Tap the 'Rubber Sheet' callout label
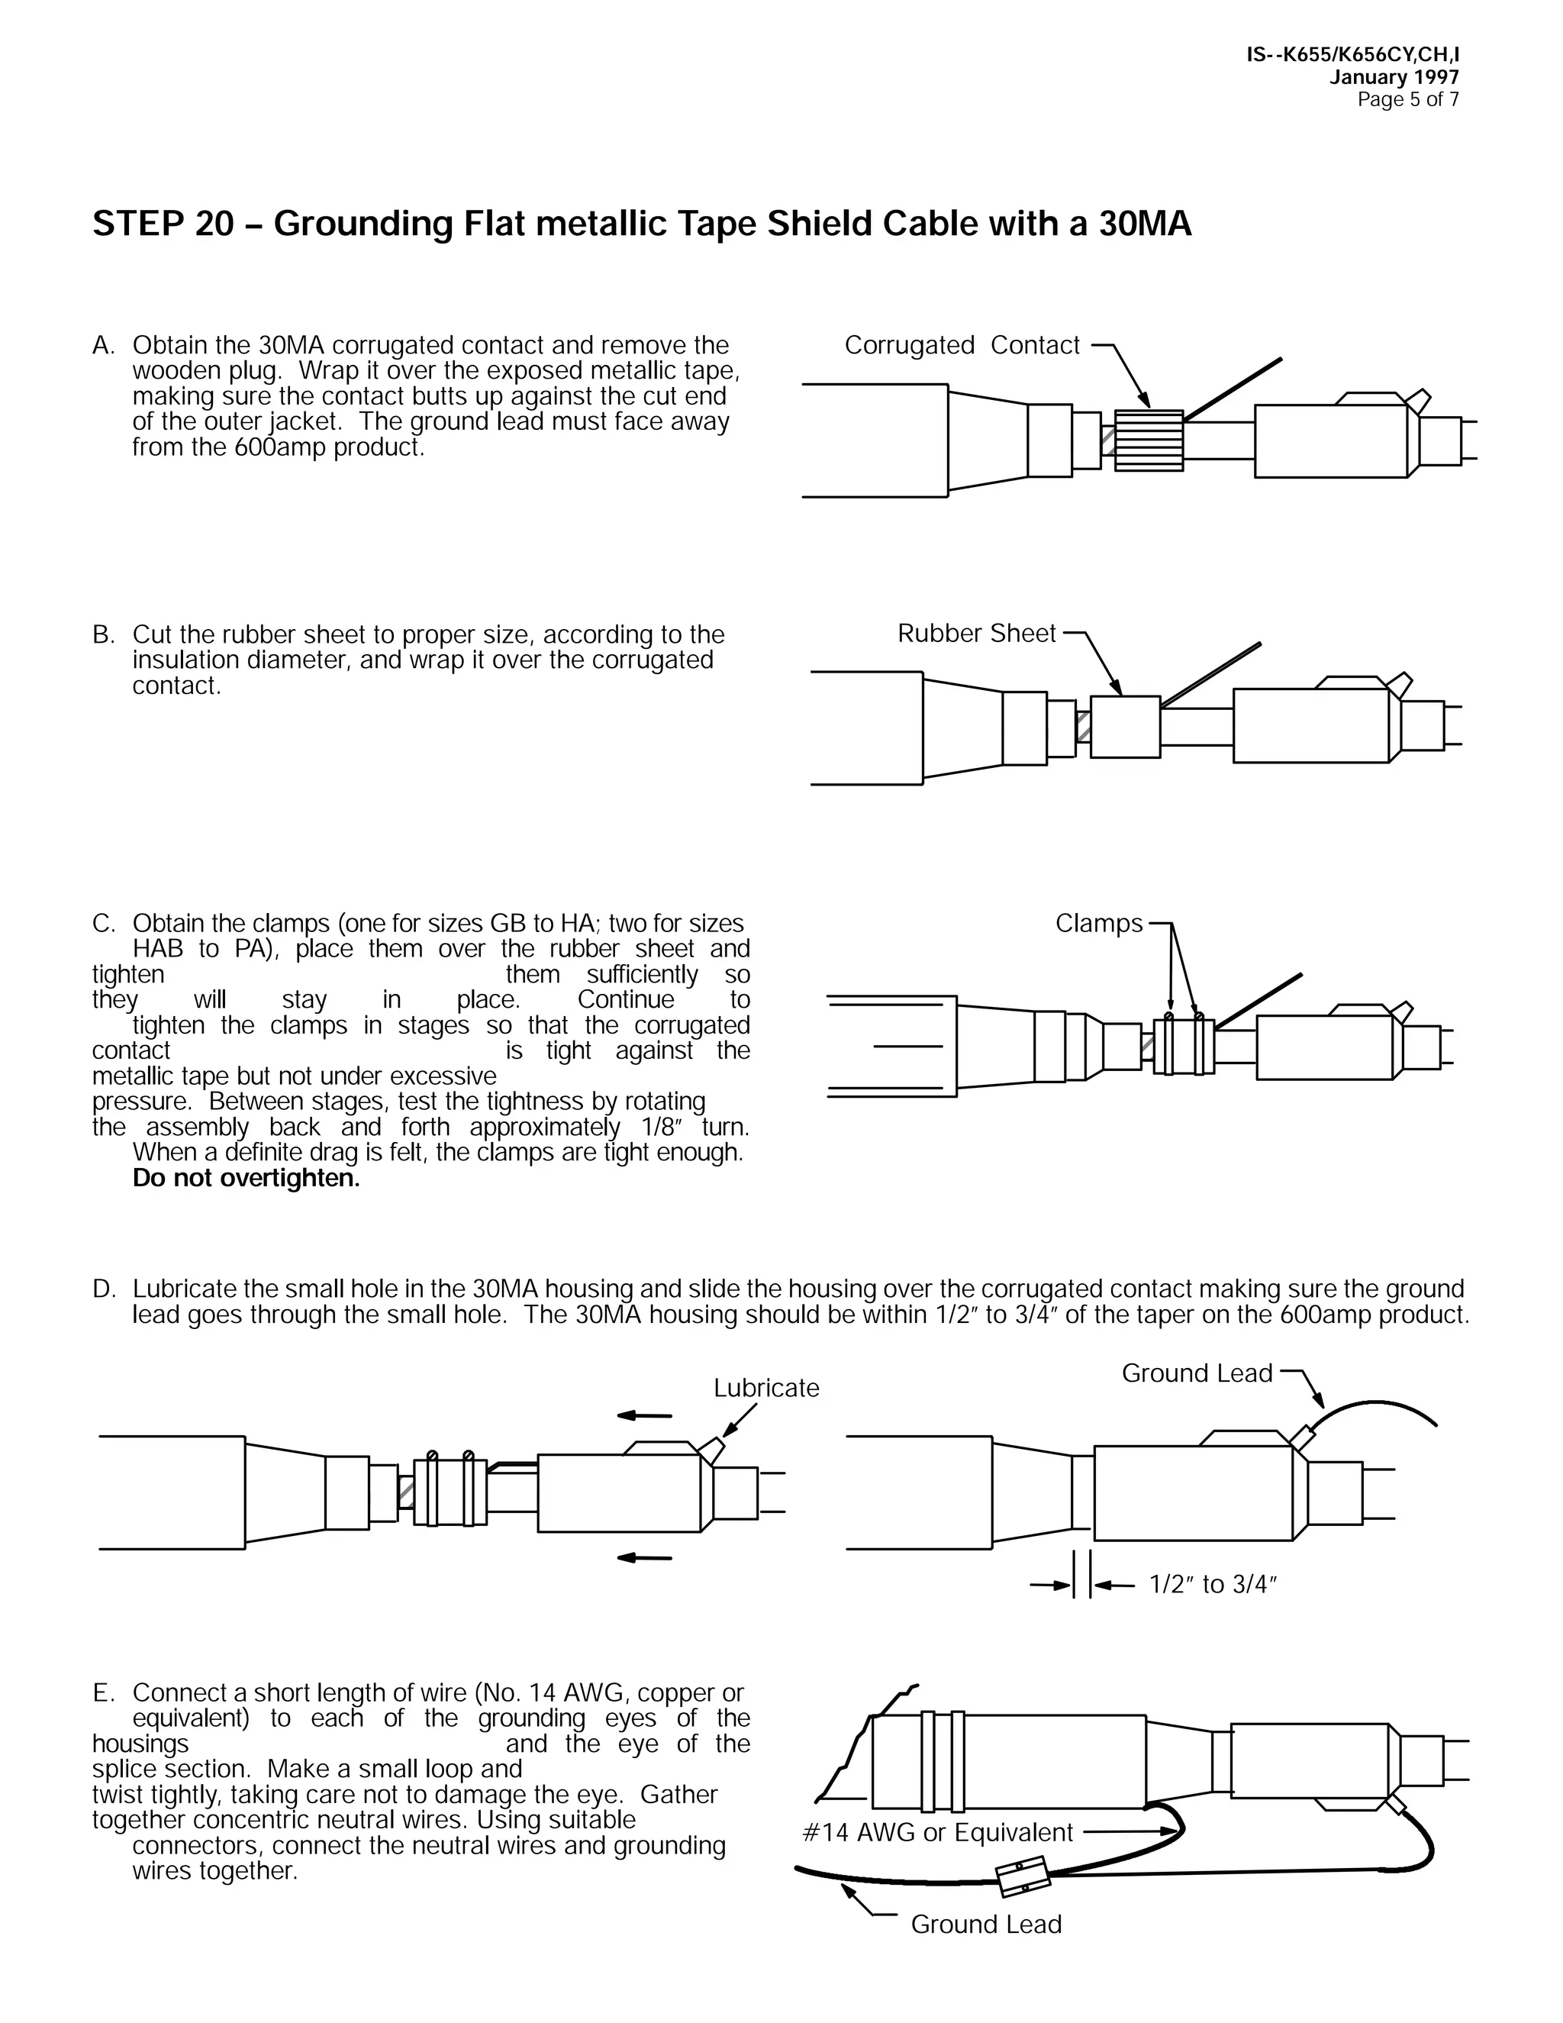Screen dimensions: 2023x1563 pyautogui.click(x=976, y=634)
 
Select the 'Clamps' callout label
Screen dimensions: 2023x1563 pyautogui.click(x=1099, y=924)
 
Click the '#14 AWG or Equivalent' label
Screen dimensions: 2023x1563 pyautogui.click(x=937, y=1832)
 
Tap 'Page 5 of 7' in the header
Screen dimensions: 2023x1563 pyautogui.click(x=1407, y=100)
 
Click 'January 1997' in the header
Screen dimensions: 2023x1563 pyautogui.click(x=1394, y=78)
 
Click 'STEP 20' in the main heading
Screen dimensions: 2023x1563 pyautogui.click(x=163, y=224)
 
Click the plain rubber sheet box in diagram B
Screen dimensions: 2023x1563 pyautogui.click(x=1125, y=727)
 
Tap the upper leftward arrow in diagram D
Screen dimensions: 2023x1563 pyautogui.click(x=644, y=1415)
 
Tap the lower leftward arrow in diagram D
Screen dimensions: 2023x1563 pyautogui.click(x=644, y=1558)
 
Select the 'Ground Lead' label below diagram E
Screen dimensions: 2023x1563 pyautogui.click(x=985, y=1925)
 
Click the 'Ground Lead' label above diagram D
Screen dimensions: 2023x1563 pyautogui.click(x=1197, y=1373)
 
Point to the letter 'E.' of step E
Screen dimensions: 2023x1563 pyautogui.click(x=103, y=1693)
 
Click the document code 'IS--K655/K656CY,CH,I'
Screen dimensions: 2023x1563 pyautogui.click(x=1353, y=56)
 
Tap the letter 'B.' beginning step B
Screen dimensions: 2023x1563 pyautogui.click(x=103, y=635)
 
